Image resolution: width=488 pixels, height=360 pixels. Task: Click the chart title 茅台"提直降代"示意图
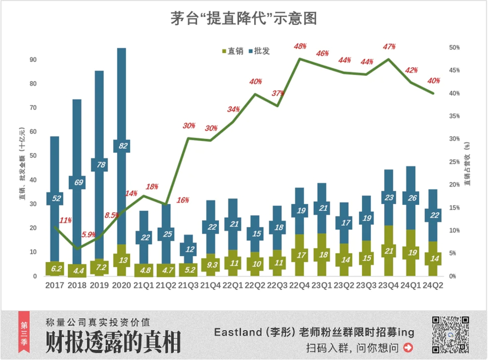(x=244, y=19)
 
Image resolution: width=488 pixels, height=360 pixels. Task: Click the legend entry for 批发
(x=260, y=51)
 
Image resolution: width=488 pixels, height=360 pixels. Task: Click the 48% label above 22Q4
(x=300, y=46)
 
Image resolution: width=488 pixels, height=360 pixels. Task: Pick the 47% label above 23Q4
(x=389, y=47)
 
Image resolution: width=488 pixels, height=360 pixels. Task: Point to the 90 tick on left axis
(x=34, y=60)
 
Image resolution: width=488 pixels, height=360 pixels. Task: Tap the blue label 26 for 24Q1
(x=410, y=198)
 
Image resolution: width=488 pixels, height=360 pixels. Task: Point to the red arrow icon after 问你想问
(x=408, y=348)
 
